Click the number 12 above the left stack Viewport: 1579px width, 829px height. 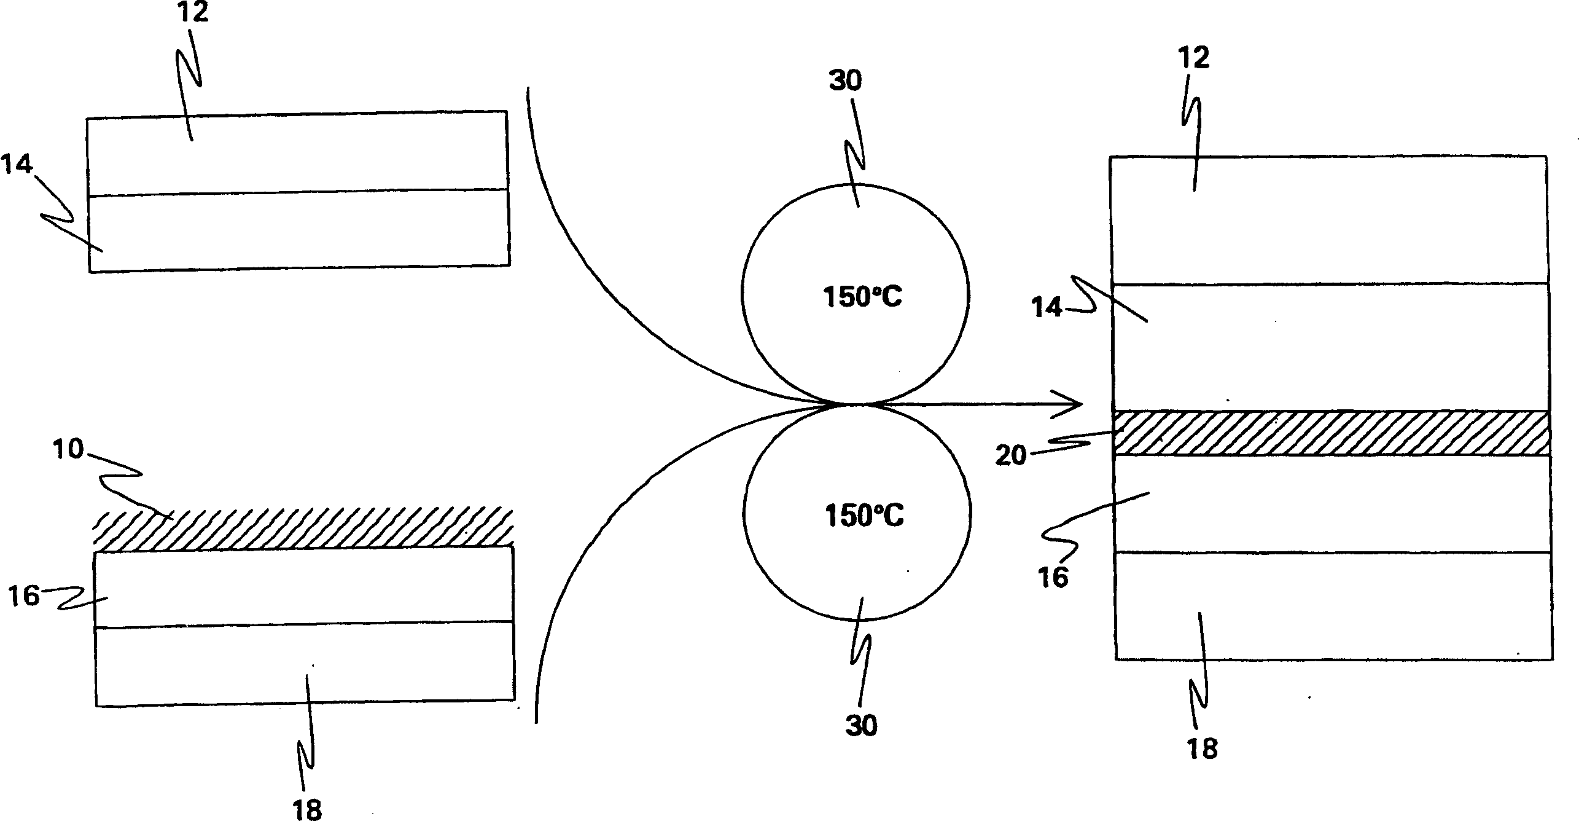pos(192,12)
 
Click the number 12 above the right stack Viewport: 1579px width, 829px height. pos(1193,58)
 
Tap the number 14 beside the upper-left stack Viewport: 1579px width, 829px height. pos(17,165)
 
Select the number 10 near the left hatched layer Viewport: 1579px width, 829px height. pos(68,450)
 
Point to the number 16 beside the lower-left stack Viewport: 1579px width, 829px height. pos(24,596)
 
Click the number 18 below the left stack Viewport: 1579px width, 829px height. pos(308,811)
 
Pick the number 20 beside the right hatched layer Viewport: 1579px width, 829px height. pos(1011,456)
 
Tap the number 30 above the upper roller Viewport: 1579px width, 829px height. pos(846,81)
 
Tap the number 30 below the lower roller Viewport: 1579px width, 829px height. pos(861,726)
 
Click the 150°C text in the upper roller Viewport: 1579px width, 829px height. pos(862,298)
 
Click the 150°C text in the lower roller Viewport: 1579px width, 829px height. pos(864,517)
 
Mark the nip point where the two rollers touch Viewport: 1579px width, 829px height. pos(856,404)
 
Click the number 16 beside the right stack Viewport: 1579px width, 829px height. pos(1053,578)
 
